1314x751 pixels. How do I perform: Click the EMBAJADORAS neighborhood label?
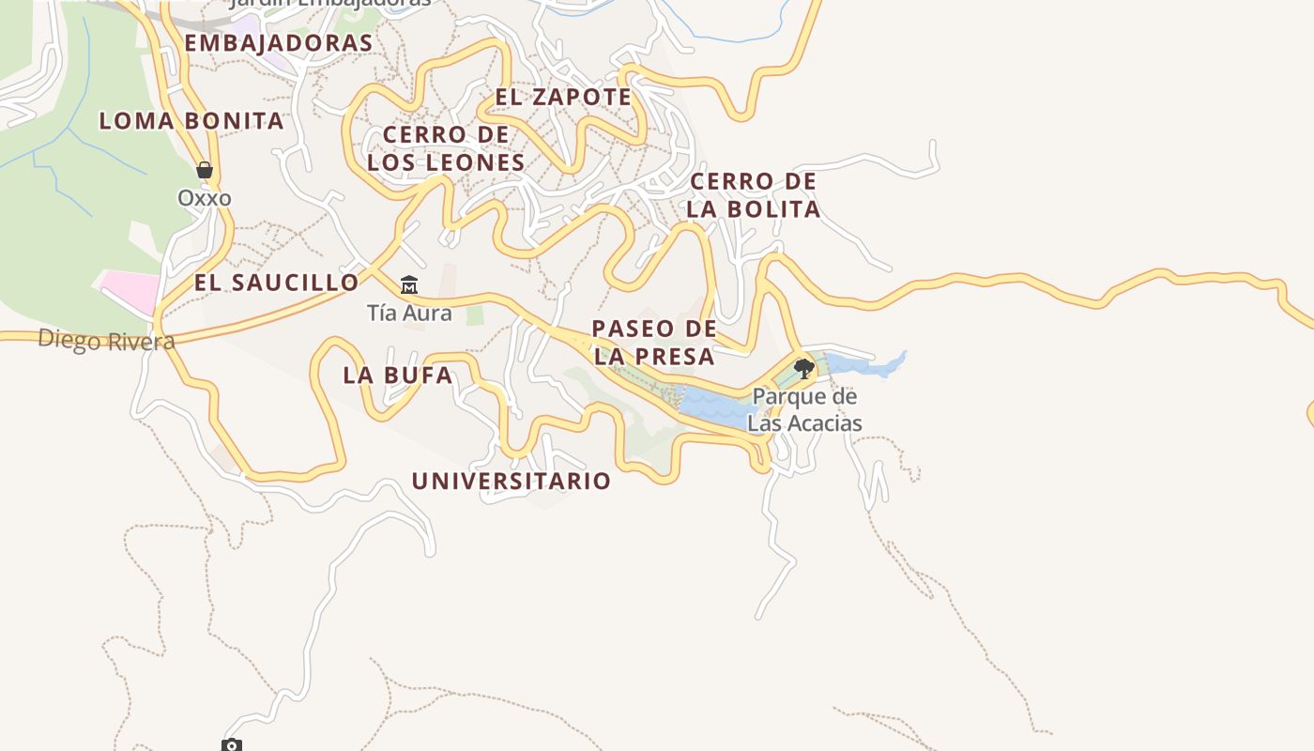(278, 43)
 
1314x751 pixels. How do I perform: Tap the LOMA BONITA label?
(191, 121)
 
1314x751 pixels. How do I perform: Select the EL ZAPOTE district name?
(563, 97)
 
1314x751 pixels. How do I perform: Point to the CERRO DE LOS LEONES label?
(446, 148)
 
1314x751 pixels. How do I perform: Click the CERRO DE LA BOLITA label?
(753, 195)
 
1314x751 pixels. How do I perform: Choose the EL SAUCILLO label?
(276, 283)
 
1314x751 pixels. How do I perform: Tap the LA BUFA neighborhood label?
(397, 375)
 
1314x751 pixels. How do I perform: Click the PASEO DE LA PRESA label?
(654, 343)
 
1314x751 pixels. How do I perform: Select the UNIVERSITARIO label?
(512, 482)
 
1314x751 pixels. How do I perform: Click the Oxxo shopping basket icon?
(205, 170)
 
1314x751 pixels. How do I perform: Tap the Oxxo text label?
(205, 199)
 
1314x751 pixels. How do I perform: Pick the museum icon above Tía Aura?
(408, 284)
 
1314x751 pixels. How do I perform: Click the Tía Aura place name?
(409, 314)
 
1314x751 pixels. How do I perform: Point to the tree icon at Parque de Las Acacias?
(803, 368)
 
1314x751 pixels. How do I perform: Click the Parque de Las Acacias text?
(804, 410)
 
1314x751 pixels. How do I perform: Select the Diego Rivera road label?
(106, 340)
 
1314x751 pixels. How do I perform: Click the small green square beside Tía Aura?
(475, 315)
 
